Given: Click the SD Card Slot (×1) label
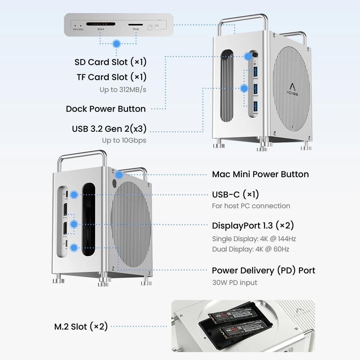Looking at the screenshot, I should (111, 62).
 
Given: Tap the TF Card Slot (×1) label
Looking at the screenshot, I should (112, 77).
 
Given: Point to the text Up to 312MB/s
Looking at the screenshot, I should (123, 90).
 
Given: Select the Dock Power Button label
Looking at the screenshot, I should (106, 109).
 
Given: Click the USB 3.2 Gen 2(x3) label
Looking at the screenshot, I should (109, 129).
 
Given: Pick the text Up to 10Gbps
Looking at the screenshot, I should (124, 140).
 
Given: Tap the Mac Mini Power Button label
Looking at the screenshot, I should (260, 174).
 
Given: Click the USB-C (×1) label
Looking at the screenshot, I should (235, 195).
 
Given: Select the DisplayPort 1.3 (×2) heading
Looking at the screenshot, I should (253, 226).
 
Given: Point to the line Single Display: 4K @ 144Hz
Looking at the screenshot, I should (254, 238).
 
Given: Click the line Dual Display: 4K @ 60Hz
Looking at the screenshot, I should (251, 249).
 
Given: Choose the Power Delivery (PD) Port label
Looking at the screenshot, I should (263, 270).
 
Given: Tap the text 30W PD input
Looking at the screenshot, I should (235, 283).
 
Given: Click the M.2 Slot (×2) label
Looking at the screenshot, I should (81, 327).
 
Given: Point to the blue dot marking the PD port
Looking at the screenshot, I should (74, 247).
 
